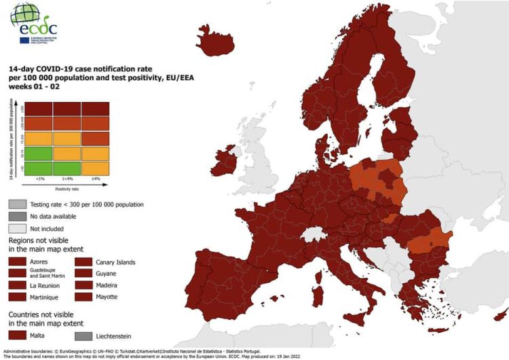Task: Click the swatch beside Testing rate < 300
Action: tap(17, 204)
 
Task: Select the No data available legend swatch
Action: tap(17, 216)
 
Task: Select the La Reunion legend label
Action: tap(45, 285)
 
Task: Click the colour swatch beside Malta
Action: tap(17, 336)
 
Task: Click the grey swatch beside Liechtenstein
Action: tap(83, 336)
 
